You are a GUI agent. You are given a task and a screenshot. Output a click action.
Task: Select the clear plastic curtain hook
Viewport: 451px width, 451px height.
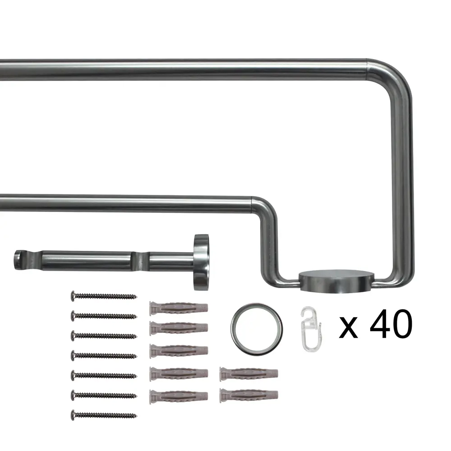tap(311, 329)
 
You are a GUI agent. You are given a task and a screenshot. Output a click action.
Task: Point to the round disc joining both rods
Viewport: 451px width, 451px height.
tap(336, 281)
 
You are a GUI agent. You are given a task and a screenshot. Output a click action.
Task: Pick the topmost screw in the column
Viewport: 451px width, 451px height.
tap(104, 296)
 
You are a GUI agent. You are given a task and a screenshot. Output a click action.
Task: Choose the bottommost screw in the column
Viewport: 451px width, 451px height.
tap(104, 415)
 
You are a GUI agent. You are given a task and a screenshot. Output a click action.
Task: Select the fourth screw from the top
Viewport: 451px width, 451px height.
tap(104, 356)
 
